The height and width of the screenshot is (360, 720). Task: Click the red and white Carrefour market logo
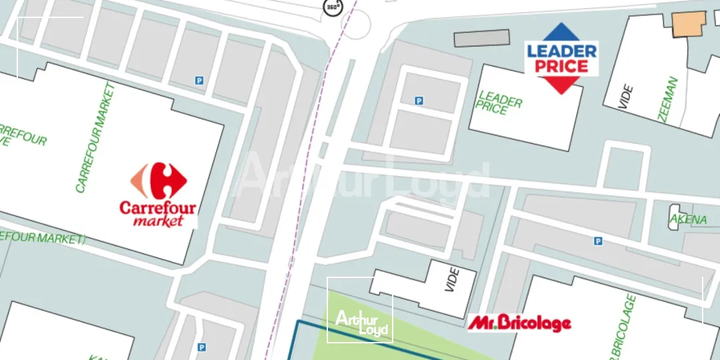click(159, 195)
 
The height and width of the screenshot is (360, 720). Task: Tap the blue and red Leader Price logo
click(561, 58)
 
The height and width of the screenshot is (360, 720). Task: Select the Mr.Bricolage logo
click(519, 323)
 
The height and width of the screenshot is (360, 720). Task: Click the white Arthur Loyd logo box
click(359, 310)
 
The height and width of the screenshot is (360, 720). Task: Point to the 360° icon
click(332, 7)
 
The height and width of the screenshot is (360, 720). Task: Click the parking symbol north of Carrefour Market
click(199, 81)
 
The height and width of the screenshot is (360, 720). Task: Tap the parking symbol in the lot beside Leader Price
click(419, 101)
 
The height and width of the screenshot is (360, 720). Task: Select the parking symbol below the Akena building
click(598, 241)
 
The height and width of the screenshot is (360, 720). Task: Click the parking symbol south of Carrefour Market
click(201, 347)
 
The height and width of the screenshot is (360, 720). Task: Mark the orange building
click(688, 24)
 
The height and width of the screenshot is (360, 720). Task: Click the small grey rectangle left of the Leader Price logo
click(481, 38)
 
